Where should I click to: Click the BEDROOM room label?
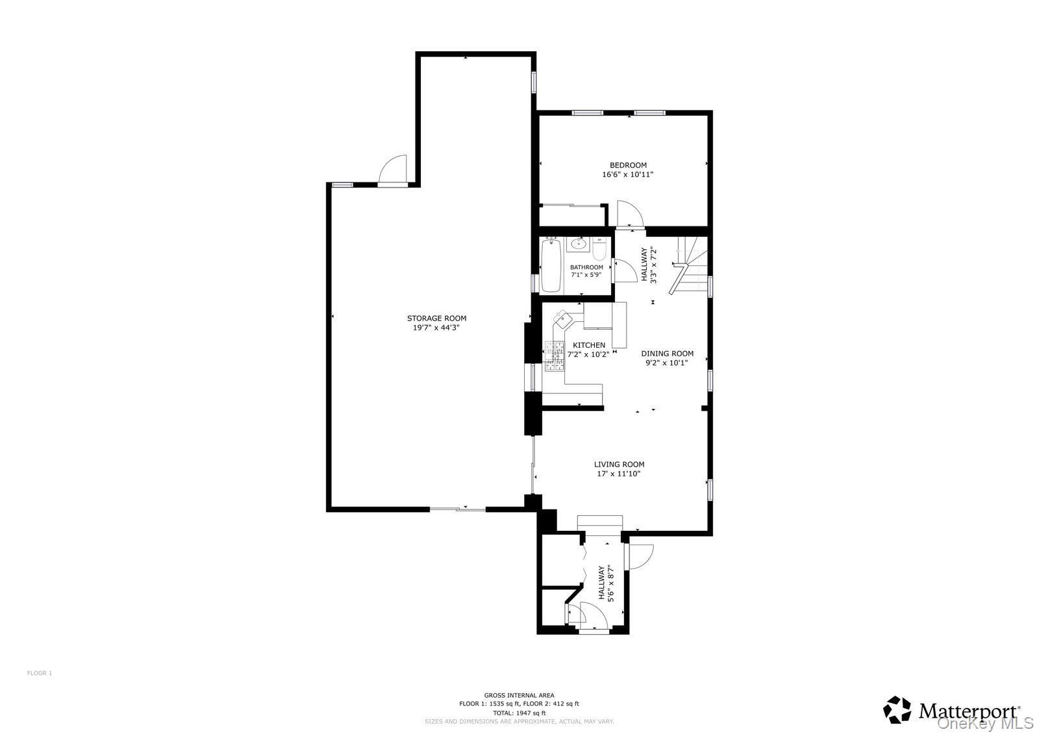628,165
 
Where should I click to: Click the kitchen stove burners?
555,359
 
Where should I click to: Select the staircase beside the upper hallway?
691,265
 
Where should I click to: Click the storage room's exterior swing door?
394,170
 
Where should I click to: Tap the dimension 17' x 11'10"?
619,474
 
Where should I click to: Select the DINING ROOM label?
667,354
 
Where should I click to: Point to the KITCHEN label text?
588,345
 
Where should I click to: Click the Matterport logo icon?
897,710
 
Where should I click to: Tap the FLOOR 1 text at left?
39,673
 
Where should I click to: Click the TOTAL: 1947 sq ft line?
519,713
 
